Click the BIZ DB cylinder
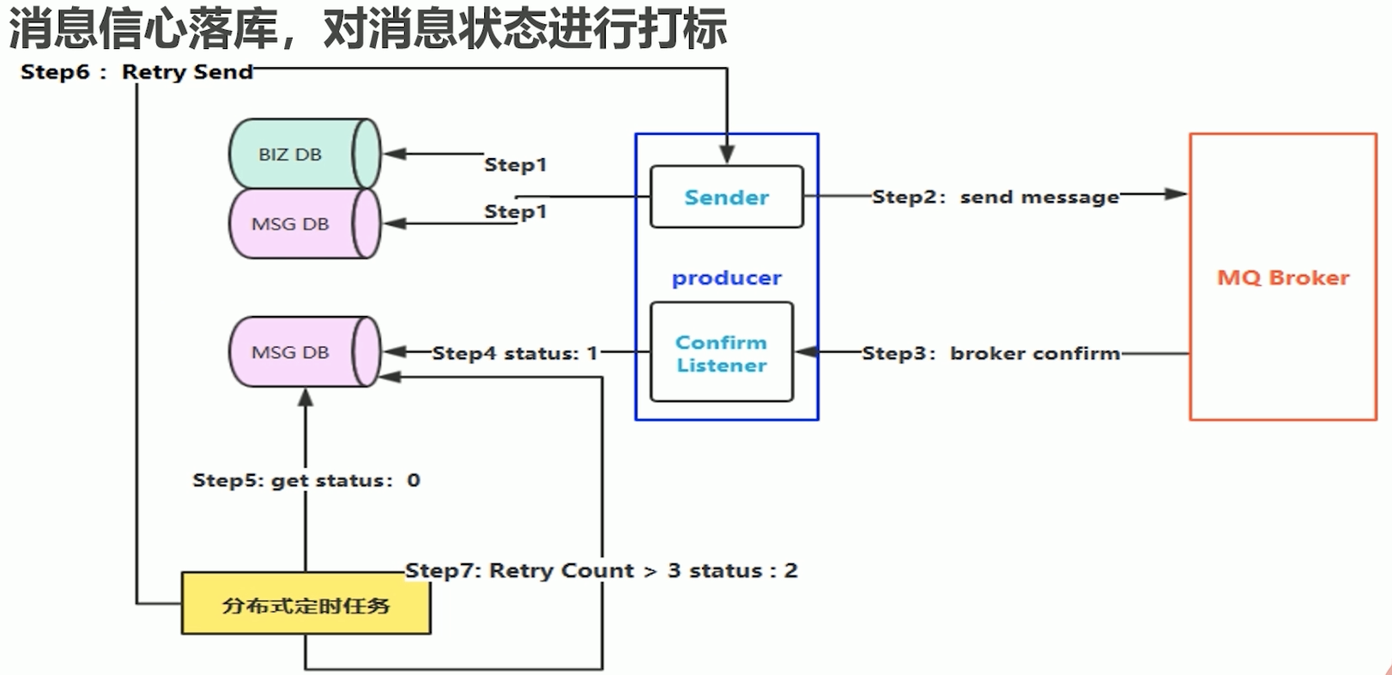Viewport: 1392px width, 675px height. (306, 154)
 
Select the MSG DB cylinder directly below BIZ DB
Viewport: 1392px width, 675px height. (306, 223)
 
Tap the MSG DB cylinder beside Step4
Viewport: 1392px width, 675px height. (306, 351)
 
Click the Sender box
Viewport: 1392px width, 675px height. (726, 197)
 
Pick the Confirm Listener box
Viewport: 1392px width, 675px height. (722, 352)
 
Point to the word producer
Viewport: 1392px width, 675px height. (726, 277)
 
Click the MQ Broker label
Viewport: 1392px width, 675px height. (1283, 277)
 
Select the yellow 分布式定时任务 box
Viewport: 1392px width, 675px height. (306, 604)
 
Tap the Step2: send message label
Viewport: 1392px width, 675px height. (996, 198)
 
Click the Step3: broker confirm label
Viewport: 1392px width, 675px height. (991, 353)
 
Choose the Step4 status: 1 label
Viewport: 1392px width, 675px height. (515, 353)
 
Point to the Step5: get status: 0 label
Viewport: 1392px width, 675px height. (306, 480)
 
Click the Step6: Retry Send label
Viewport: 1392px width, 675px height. (136, 71)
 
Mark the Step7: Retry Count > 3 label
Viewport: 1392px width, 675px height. (601, 570)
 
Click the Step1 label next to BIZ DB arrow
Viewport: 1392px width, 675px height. (516, 165)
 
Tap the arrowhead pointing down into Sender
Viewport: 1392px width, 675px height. (727, 155)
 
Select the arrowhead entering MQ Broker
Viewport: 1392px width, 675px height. (1176, 194)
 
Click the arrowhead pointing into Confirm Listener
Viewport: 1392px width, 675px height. (806, 352)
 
